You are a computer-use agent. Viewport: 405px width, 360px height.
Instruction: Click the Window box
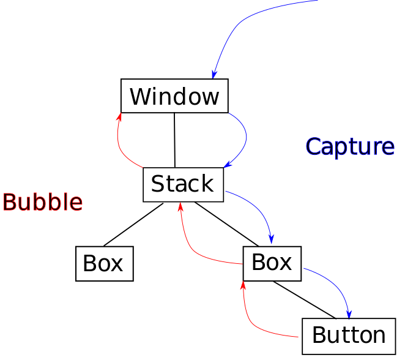[x=174, y=96]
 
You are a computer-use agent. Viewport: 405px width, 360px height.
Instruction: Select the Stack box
[x=183, y=184]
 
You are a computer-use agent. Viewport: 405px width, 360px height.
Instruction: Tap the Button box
[x=349, y=336]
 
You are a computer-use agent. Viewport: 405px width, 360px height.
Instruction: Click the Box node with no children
[x=105, y=264]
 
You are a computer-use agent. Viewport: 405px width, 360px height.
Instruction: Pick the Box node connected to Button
[x=272, y=264]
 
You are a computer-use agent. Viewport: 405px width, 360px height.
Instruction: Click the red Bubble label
[x=43, y=202]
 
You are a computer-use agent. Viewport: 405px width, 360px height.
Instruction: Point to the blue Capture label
[x=350, y=146]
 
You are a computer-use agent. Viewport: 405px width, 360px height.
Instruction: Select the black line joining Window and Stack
[x=174, y=140]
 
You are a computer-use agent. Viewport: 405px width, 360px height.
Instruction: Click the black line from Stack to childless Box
[x=133, y=225]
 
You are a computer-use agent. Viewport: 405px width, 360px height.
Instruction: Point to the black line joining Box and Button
[x=305, y=300]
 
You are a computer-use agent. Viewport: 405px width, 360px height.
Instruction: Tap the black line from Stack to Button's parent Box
[x=226, y=224]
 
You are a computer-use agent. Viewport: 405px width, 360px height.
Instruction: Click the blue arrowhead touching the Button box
[x=349, y=315]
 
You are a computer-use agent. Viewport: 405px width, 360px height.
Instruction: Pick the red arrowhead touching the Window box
[x=119, y=117]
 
